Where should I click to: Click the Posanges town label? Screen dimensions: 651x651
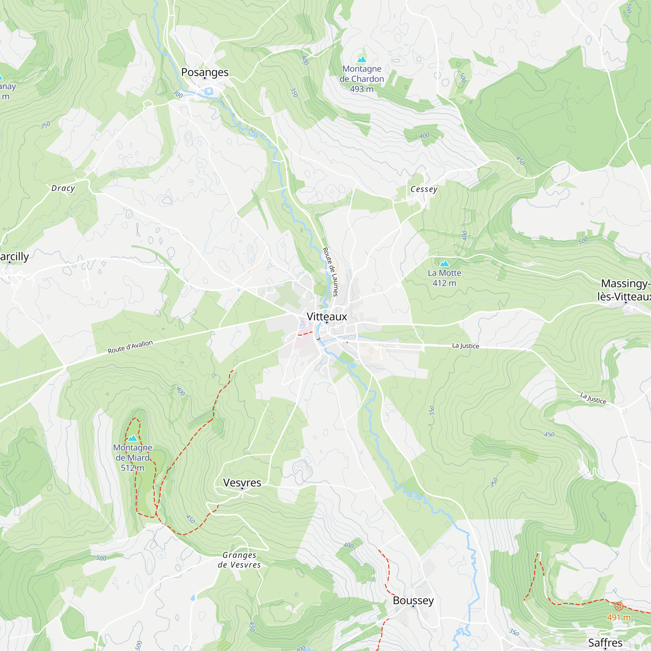[204, 72]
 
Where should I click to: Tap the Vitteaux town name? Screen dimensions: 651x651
[326, 316]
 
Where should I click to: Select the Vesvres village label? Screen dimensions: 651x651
[242, 482]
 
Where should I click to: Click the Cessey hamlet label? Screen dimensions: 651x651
[423, 189]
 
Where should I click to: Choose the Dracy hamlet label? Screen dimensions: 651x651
[63, 188]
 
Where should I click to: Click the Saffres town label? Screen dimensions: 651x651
[605, 643]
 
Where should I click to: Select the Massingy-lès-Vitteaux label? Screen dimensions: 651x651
[624, 290]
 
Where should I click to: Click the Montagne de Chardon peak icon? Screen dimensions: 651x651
[362, 60]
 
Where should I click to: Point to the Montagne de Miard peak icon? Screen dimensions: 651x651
[132, 438]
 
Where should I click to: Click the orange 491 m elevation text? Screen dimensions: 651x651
[618, 617]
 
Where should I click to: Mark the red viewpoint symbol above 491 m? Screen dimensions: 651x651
[618, 606]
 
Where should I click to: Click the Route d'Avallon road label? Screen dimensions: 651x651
[130, 347]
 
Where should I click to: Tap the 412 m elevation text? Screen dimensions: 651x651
[444, 283]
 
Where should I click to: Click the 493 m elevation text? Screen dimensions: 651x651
[362, 89]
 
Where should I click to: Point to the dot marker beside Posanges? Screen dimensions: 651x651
[204, 78]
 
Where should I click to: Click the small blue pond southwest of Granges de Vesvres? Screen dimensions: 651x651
[192, 598]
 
